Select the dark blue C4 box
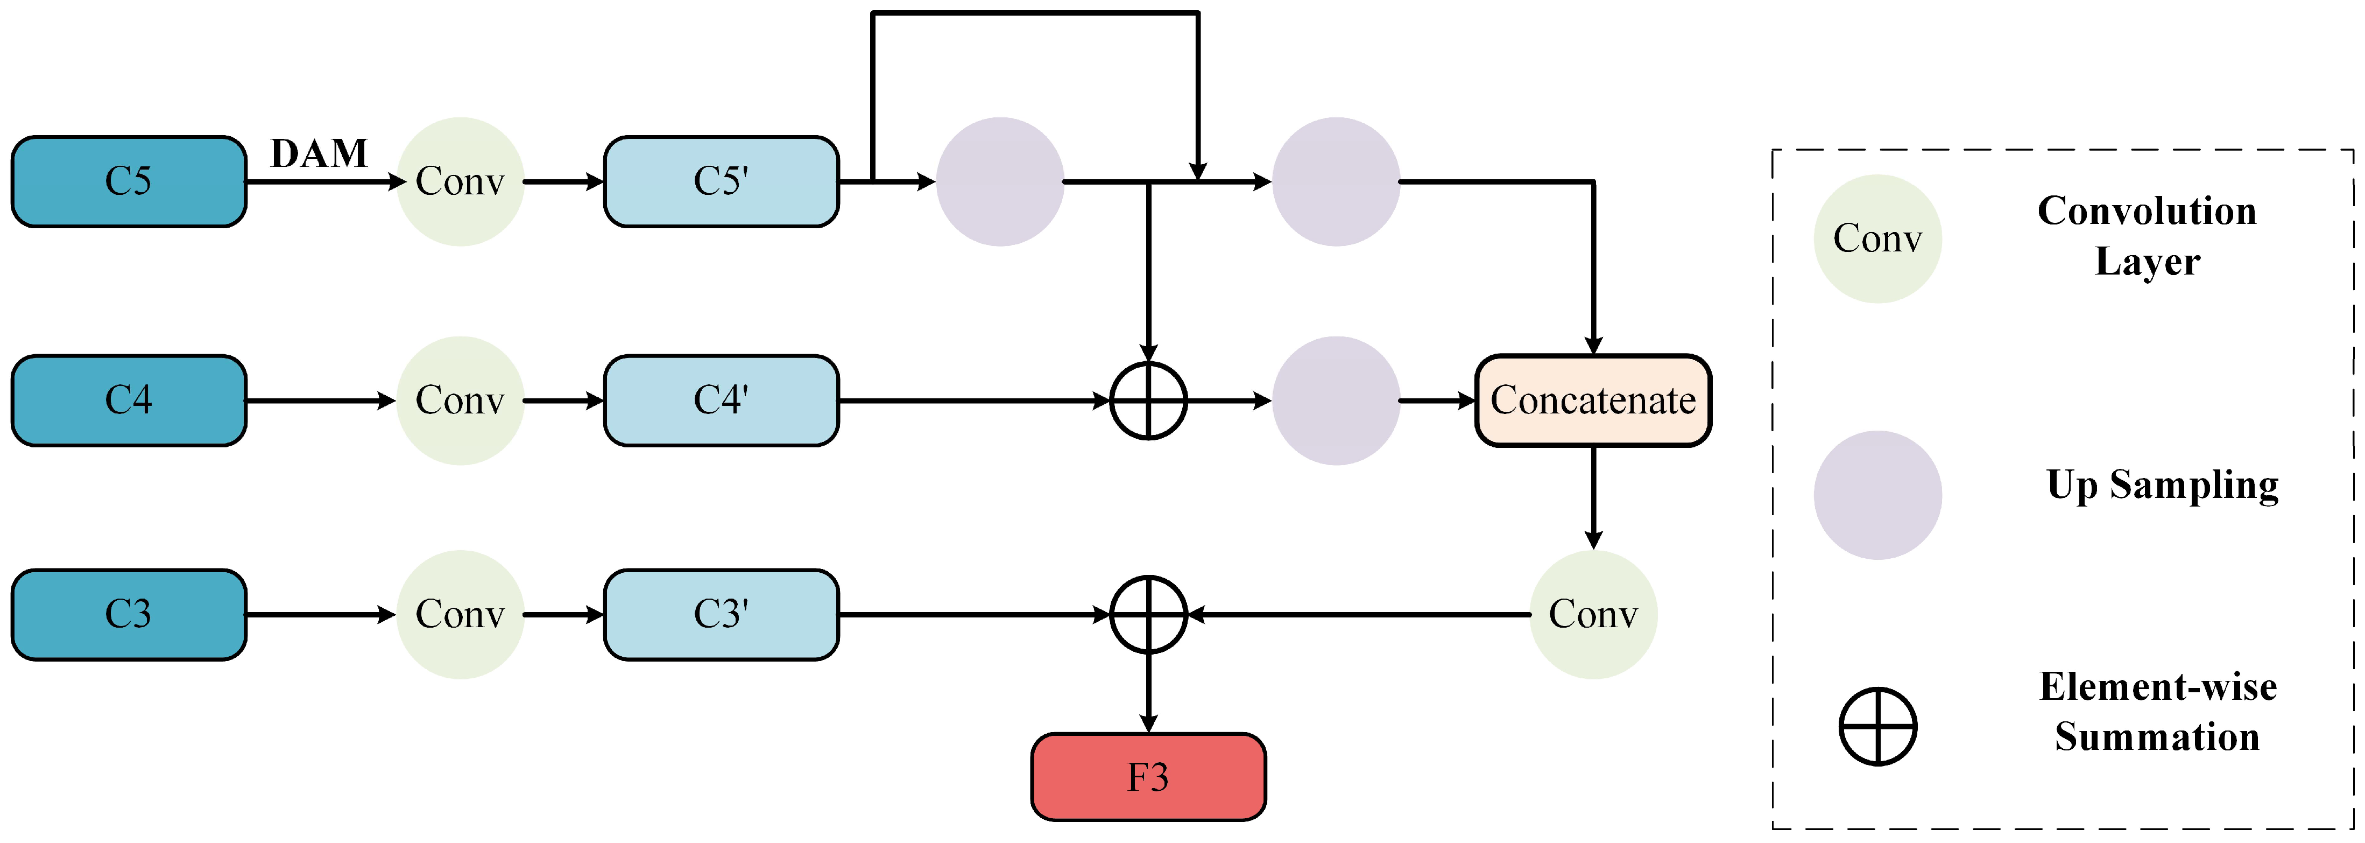click(129, 401)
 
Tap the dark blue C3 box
click(129, 614)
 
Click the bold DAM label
click(319, 153)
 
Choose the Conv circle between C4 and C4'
click(460, 401)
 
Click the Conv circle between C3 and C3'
click(460, 614)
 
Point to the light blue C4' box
click(721, 401)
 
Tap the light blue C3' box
click(721, 614)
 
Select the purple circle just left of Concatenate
click(1336, 401)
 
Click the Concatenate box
click(1593, 401)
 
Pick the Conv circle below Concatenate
click(1593, 614)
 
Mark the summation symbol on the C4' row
click(1148, 401)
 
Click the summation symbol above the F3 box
click(1148, 614)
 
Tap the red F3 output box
click(1148, 777)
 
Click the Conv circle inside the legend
click(1877, 239)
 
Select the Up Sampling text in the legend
click(2162, 485)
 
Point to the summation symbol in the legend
click(1877, 726)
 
